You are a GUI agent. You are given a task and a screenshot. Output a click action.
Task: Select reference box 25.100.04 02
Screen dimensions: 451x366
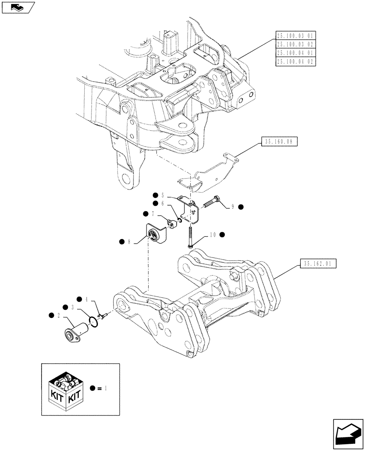coord(296,61)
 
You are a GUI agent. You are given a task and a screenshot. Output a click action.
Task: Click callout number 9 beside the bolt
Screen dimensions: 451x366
coord(233,207)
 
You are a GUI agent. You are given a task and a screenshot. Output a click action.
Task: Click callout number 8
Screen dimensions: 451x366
coord(130,242)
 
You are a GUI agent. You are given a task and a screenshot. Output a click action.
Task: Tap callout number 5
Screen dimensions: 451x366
coord(163,196)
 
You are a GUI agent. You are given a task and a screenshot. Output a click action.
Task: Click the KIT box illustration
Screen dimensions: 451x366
coord(66,389)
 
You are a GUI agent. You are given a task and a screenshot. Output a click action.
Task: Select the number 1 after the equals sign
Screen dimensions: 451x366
coord(105,387)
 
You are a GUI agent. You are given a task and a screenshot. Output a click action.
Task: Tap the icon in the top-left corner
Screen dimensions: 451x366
coord(18,7)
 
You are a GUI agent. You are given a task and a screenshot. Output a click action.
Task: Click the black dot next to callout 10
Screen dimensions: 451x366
coord(222,235)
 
